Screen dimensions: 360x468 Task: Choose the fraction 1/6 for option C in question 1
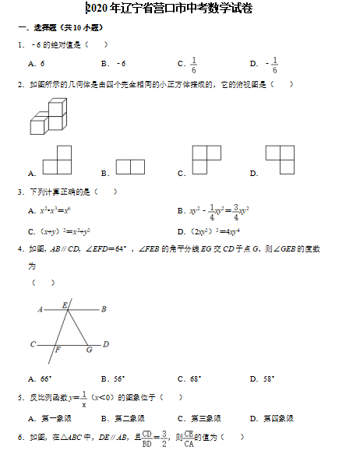point(193,64)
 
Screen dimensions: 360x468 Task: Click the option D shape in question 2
point(280,160)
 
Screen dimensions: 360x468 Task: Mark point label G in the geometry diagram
point(89,350)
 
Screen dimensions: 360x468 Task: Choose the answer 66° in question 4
point(45,379)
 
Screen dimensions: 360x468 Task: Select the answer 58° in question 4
point(268,379)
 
